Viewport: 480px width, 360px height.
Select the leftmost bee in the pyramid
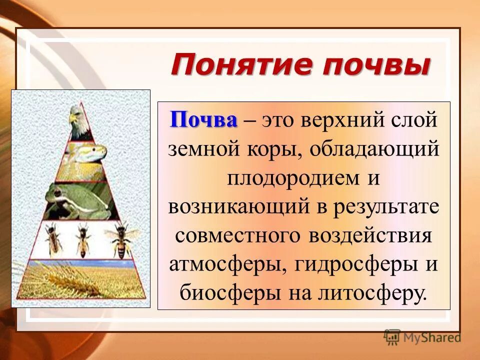click(x=52, y=239)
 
